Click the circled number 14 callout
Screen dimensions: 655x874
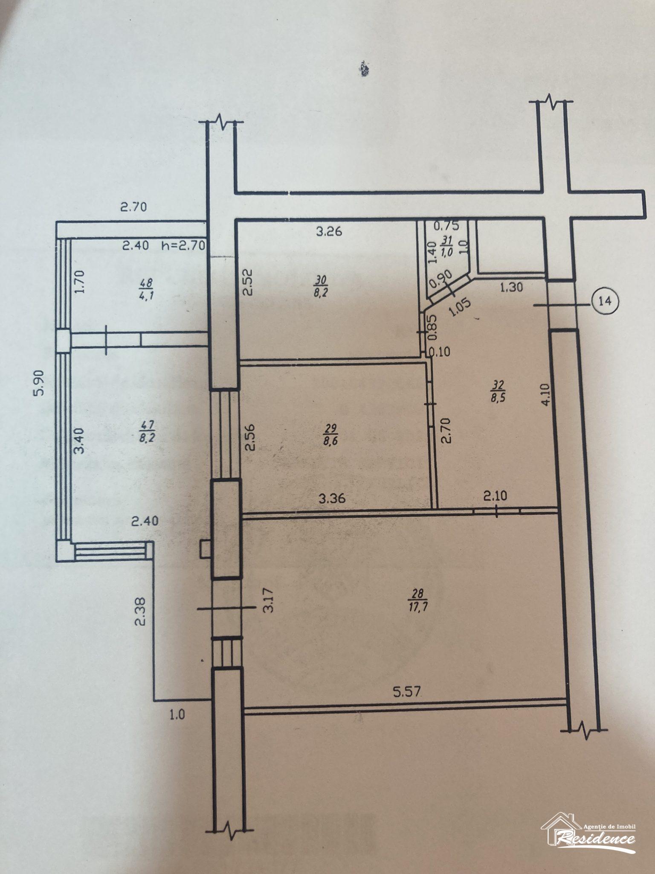pos(604,301)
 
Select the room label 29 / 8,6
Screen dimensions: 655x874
pos(330,434)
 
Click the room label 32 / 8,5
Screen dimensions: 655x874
pos(498,391)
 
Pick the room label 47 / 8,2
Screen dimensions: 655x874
pos(146,431)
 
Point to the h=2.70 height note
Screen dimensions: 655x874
pos(184,245)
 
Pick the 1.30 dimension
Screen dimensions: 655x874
pos(511,288)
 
